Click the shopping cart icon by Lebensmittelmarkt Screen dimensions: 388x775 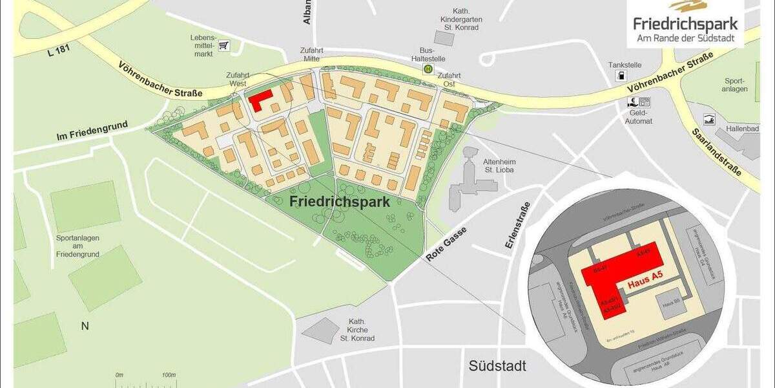(224, 45)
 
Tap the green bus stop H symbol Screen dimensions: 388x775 (428, 69)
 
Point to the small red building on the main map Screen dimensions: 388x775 (260, 100)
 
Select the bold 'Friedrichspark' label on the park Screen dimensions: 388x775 (340, 202)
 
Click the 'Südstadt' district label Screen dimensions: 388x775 (497, 366)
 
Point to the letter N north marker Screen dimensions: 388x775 (85, 326)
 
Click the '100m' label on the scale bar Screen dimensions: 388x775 (168, 375)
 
